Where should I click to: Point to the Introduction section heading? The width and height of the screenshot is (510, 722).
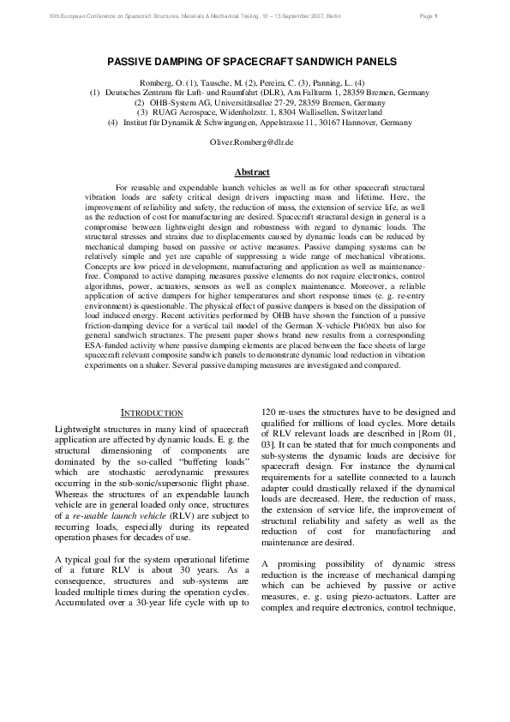click(151, 413)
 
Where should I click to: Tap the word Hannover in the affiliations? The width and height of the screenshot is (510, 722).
click(341, 123)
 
